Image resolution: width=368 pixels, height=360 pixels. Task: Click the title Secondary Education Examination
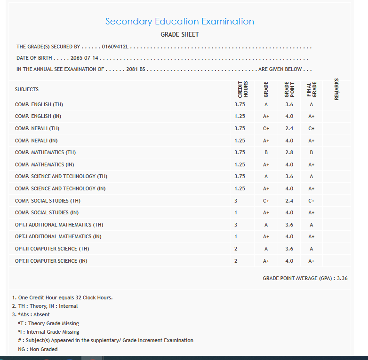[179, 22]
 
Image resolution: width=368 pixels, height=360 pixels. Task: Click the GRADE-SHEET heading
[180, 35]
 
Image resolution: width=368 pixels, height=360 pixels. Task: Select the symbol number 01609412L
[115, 47]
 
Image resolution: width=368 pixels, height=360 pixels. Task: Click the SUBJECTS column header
[27, 89]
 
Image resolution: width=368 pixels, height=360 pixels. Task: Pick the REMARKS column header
[336, 89]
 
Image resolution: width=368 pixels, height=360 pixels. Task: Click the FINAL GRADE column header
[312, 89]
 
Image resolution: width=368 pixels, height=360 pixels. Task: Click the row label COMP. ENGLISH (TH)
[39, 104]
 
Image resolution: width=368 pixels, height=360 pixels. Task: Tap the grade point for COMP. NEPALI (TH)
[289, 128]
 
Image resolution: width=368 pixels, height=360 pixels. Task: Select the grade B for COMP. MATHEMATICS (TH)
[266, 152]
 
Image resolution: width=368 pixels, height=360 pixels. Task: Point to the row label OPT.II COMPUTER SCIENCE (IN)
[51, 261]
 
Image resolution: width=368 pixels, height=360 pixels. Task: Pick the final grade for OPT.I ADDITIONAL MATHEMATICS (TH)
[312, 225]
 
